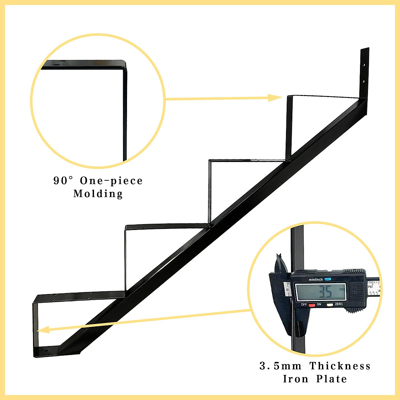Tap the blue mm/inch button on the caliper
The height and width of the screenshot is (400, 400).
[327, 279]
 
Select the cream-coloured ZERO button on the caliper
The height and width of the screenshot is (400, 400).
[330, 305]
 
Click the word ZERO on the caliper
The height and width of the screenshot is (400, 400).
[339, 304]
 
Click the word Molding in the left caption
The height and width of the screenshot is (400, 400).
[98, 194]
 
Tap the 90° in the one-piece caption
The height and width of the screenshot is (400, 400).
[63, 181]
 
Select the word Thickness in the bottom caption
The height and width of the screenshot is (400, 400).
[340, 366]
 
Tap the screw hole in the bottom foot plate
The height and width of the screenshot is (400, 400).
[47, 351]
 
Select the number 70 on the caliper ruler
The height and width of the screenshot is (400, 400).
[370, 287]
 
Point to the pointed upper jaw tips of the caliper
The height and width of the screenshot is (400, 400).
[279, 257]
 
